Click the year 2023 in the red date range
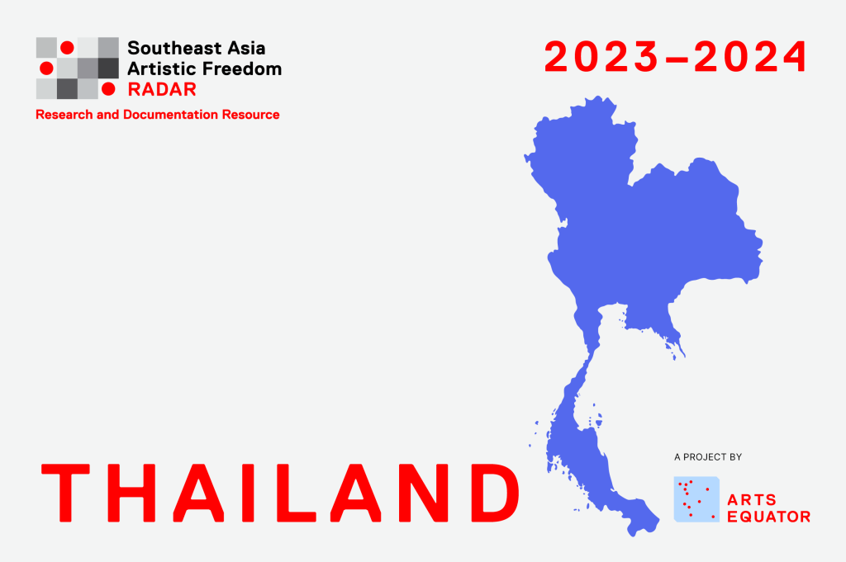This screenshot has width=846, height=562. [601, 57]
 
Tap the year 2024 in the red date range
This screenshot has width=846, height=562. [750, 57]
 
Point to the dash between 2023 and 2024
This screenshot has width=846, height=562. [676, 59]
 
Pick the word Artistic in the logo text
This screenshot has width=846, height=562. [163, 68]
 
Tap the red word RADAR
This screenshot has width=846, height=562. [162, 89]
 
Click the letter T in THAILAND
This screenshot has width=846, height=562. [65, 493]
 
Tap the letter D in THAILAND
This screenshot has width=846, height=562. [495, 493]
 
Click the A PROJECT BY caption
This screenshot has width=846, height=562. [708, 457]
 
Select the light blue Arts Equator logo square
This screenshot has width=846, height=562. [696, 499]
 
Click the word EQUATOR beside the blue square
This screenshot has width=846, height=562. [769, 517]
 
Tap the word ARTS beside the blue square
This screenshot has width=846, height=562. [752, 499]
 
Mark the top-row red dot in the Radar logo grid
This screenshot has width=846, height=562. [67, 47]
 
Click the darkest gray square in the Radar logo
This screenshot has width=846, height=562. [108, 68]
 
